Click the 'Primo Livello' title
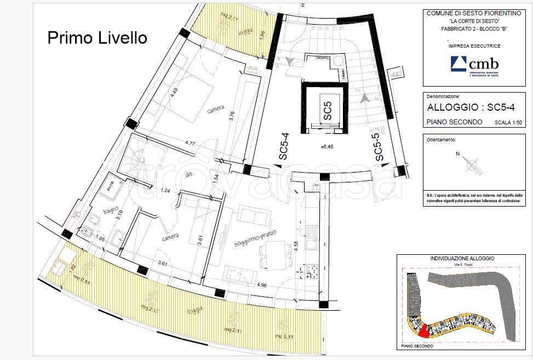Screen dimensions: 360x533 point(97,37)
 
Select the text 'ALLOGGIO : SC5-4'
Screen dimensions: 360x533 point(469,107)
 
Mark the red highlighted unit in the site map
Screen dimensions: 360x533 point(422,330)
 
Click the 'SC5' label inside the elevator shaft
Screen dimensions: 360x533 point(326,111)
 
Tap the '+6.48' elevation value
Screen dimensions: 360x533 point(328,147)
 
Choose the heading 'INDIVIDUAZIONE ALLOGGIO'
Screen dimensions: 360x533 point(462,258)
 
